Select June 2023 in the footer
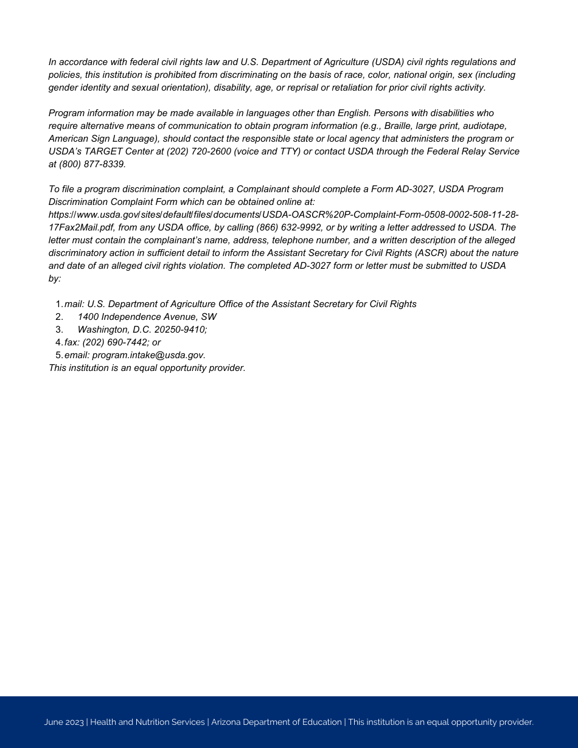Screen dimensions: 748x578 point(63,722)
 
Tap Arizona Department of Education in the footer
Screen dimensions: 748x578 point(276,722)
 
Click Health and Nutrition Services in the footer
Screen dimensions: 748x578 point(147,722)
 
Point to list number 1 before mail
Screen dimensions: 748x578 point(58,304)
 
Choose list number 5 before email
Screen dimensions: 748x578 point(58,355)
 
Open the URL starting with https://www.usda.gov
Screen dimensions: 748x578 point(283,215)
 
